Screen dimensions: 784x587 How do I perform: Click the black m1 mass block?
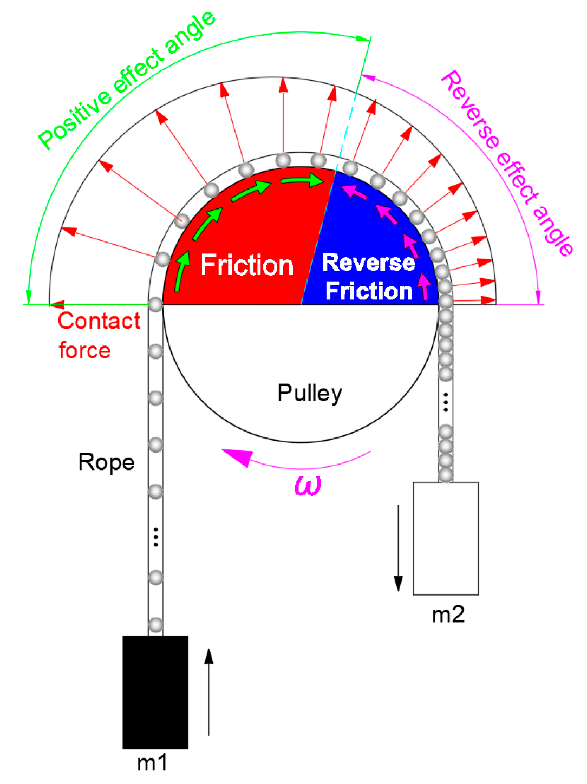155,692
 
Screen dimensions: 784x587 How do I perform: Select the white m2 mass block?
445,538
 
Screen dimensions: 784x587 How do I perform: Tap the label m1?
152,763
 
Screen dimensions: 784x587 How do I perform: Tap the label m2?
448,615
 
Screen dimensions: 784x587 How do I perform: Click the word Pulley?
309,393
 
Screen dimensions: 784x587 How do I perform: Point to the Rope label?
106,462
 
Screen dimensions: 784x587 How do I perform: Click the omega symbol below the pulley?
308,485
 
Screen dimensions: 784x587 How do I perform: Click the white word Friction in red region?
247,265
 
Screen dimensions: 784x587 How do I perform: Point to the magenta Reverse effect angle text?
507,162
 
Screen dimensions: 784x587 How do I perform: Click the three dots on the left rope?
155,537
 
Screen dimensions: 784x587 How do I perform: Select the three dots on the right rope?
446,402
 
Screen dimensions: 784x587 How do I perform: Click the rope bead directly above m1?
155,625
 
